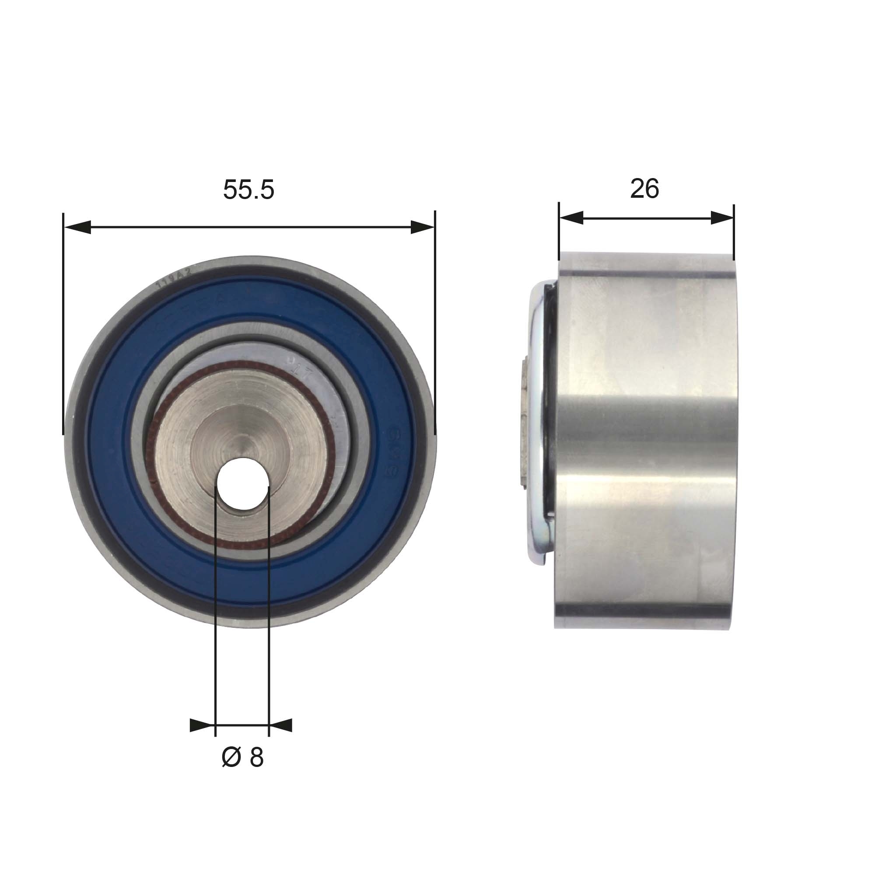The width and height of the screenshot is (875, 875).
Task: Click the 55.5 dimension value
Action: point(248,189)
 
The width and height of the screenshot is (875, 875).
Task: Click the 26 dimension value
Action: point(644,189)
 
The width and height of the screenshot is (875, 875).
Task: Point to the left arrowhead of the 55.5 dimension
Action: point(77,227)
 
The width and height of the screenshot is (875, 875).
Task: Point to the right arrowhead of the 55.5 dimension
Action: point(422,227)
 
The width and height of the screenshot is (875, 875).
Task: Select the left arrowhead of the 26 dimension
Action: point(571,218)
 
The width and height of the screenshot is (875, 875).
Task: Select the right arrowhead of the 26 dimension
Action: point(722,218)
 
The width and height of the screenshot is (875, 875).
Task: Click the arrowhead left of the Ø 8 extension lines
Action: point(202,725)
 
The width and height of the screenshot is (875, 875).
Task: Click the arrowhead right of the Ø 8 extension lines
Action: point(281,725)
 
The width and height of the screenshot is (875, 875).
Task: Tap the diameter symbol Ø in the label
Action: point(231,757)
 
